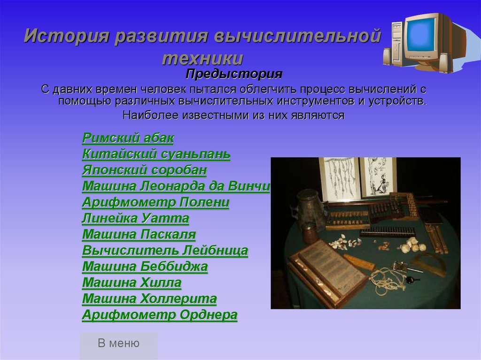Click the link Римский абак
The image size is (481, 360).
[128, 138]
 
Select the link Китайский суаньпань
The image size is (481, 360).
[156, 154]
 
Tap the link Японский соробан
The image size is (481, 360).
[145, 170]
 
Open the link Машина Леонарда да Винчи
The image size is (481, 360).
[176, 186]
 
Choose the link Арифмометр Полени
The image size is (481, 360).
[155, 202]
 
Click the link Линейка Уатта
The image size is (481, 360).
[136, 218]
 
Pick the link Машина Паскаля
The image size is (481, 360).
[139, 234]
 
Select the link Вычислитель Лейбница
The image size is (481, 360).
[165, 251]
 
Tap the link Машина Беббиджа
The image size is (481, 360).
[145, 267]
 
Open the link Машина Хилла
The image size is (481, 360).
[132, 283]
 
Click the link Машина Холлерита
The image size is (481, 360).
[149, 299]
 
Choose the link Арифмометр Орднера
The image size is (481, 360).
[160, 315]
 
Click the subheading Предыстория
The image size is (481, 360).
[234, 74]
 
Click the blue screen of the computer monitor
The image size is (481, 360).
[422, 33]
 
